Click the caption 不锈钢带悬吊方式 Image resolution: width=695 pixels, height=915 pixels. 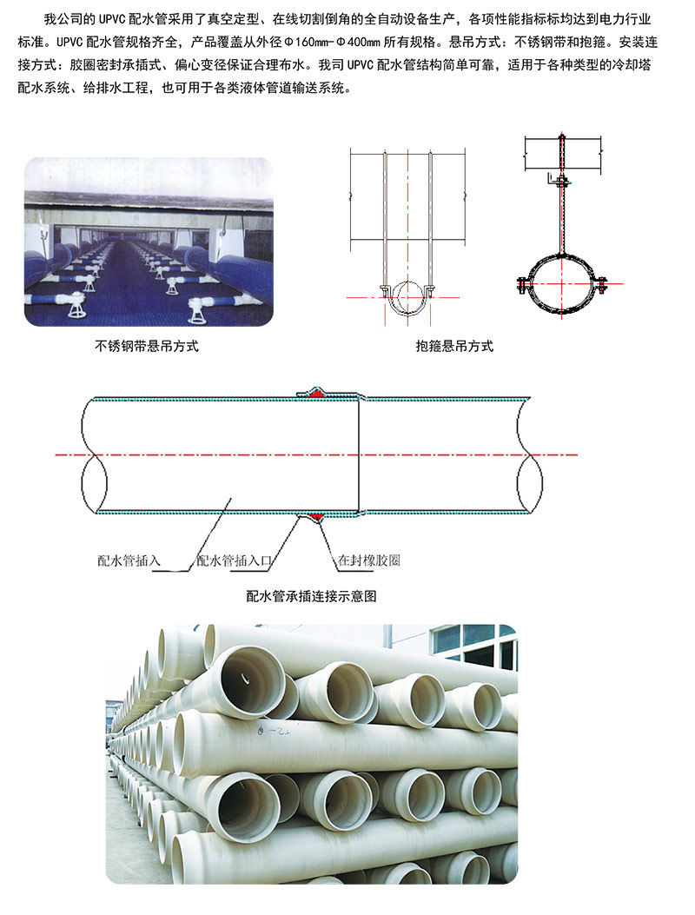tap(147, 346)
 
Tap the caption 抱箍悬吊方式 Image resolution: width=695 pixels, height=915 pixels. tap(454, 346)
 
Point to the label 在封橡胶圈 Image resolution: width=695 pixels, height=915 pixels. tap(369, 560)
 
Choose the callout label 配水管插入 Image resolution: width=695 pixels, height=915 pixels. tap(129, 560)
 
